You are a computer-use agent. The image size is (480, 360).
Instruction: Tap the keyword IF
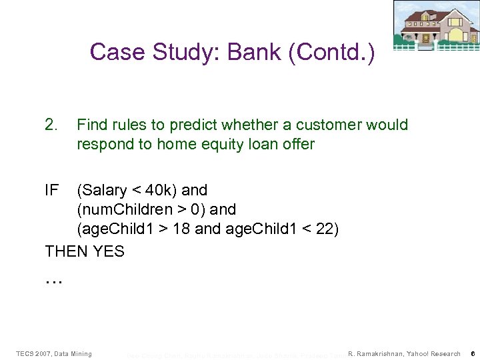[x=51, y=190]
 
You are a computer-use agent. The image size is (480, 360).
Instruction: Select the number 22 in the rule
[x=324, y=229]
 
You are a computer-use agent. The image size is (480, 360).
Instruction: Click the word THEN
[x=67, y=252]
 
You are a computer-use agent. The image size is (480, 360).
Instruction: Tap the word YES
[x=109, y=252]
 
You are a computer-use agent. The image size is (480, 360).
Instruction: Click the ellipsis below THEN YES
[x=53, y=281]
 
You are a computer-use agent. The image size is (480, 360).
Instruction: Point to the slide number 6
[x=471, y=353]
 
